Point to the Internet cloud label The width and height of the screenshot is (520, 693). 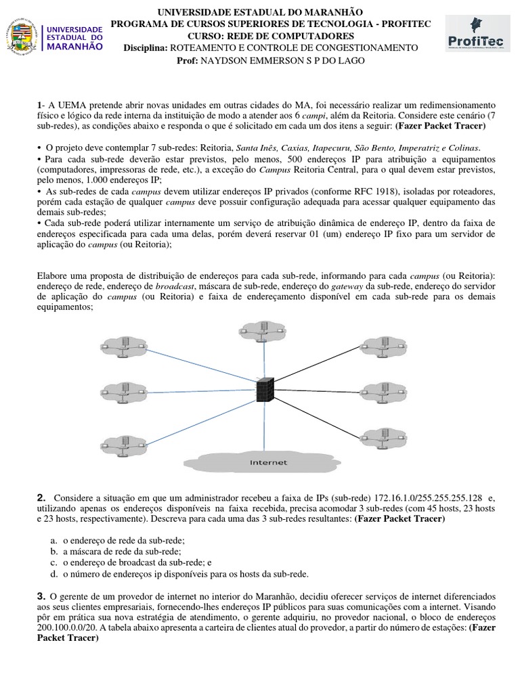[x=268, y=462]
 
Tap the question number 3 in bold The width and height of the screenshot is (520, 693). [x=41, y=595]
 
